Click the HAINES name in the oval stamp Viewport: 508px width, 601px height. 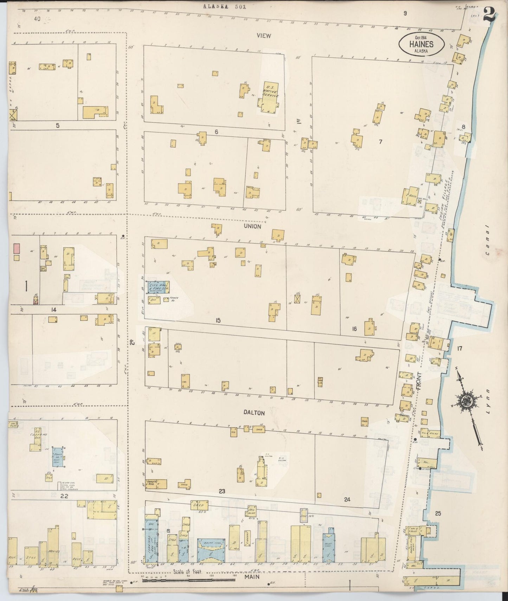point(421,45)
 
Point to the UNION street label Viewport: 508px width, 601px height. point(252,227)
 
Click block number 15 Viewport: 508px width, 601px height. point(218,320)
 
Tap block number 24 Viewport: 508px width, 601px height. point(347,499)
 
